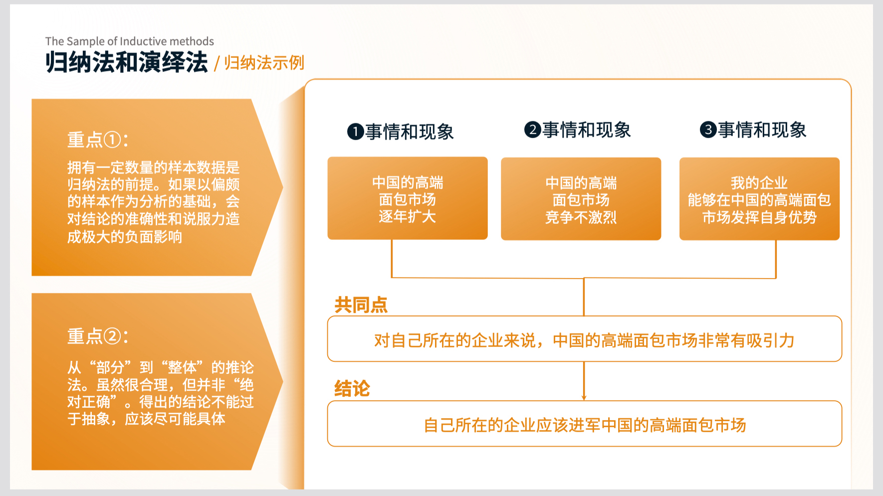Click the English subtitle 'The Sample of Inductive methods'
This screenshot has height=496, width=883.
(130, 41)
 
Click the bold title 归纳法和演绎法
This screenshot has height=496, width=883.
(127, 63)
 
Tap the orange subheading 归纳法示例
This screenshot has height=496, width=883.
(264, 63)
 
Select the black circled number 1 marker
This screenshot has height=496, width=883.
(355, 132)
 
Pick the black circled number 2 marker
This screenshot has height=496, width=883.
(532, 130)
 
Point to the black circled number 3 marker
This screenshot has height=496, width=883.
(708, 130)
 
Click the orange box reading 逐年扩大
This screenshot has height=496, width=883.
(408, 198)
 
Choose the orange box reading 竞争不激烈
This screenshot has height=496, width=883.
(581, 199)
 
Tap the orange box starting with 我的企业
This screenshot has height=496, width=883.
(759, 199)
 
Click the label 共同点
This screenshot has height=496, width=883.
(361, 305)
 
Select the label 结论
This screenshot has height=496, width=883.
(352, 388)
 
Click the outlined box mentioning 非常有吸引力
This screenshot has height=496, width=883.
(585, 339)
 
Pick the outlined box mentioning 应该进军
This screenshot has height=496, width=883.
(585, 424)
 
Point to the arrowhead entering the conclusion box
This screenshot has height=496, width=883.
(584, 398)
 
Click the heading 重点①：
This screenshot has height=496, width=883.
(98, 140)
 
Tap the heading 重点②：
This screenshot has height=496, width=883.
(98, 336)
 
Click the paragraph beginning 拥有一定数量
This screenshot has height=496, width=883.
(154, 202)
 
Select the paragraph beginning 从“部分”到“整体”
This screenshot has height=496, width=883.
(161, 393)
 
